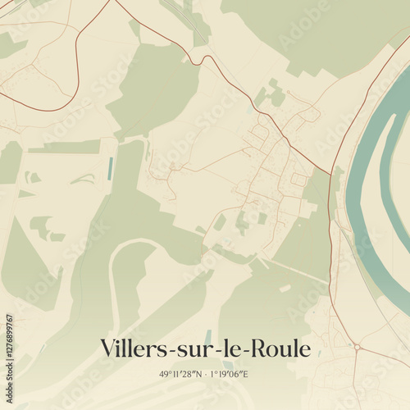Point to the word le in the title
coord(232,348)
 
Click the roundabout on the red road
coord(358,347)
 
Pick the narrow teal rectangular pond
coord(109,169)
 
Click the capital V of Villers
coord(107,348)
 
